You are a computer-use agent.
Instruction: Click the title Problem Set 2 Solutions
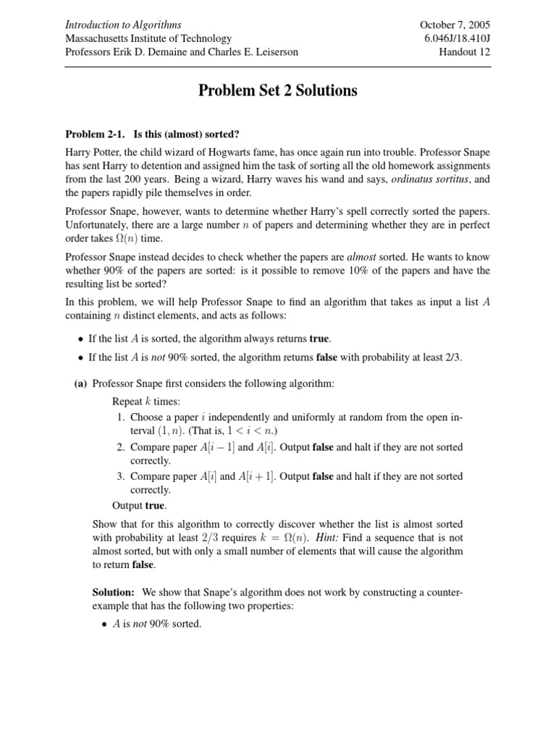coord(278,91)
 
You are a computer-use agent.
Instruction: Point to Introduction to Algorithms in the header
coord(123,25)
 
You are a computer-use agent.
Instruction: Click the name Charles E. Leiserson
coord(253,51)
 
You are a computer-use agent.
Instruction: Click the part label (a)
coord(81,384)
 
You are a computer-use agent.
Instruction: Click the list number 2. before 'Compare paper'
coord(121,447)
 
